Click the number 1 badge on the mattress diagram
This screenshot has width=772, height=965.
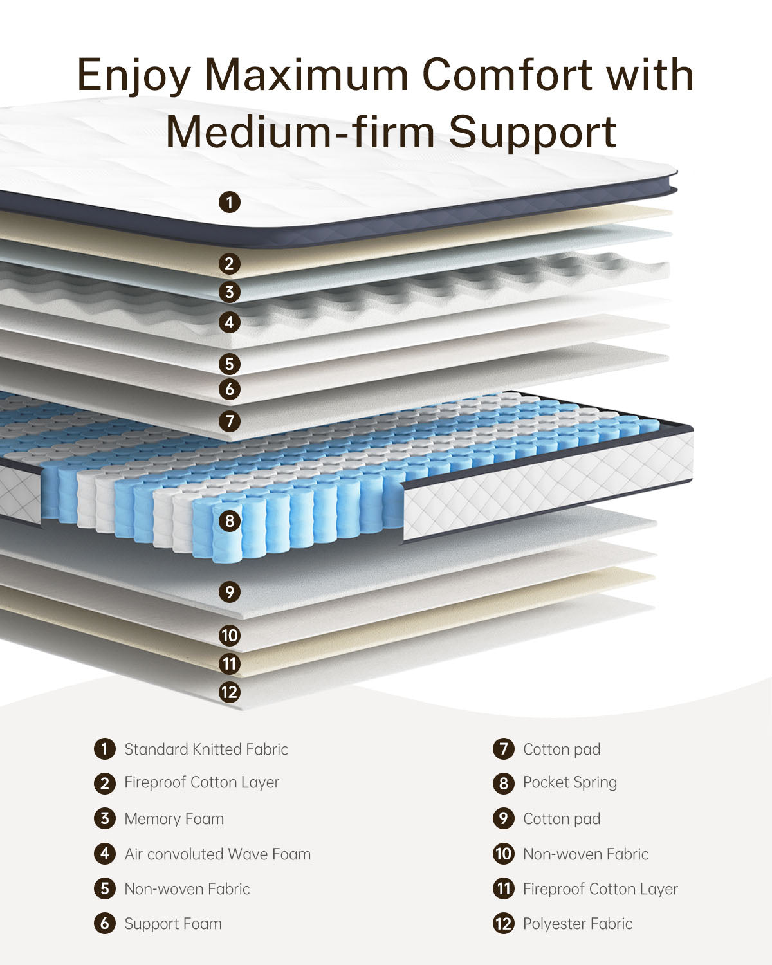coord(230,203)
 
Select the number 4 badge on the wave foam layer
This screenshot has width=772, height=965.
coord(230,322)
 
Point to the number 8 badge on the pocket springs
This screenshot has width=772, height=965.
coord(230,520)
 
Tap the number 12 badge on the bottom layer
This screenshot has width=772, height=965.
coord(230,692)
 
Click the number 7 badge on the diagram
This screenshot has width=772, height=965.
coord(230,421)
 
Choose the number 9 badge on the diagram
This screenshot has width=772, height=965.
coord(230,591)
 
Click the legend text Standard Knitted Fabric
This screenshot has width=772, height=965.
coord(206,749)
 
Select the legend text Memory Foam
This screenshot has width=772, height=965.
coord(174,818)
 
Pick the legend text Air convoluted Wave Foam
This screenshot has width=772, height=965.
coord(217,854)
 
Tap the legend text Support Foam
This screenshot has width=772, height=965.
coord(173,923)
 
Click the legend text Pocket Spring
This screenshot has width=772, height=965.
coord(569,782)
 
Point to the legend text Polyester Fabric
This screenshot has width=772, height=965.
coord(577,923)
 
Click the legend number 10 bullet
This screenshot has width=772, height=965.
coord(504,854)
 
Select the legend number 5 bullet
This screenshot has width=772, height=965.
coord(104,888)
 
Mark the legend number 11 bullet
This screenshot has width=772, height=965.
coord(504,888)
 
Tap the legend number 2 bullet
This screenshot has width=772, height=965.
coord(104,783)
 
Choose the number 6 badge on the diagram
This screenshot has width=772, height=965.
coord(230,389)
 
